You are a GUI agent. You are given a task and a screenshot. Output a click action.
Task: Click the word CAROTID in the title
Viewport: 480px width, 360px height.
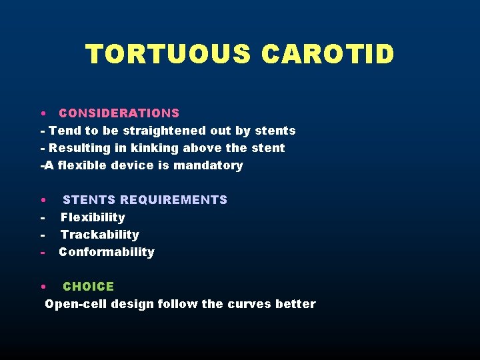click(328, 54)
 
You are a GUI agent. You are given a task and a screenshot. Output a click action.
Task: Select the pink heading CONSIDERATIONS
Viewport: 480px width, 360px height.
click(119, 113)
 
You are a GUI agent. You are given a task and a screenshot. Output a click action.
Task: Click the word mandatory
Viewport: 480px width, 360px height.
click(208, 165)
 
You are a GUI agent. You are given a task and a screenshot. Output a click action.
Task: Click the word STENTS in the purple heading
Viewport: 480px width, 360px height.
click(89, 200)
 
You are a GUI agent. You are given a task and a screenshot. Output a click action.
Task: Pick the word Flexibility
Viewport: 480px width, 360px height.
click(93, 217)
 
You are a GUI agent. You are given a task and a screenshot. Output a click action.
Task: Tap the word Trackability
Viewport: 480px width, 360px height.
click(100, 235)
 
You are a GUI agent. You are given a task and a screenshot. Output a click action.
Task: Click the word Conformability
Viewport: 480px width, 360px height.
click(107, 252)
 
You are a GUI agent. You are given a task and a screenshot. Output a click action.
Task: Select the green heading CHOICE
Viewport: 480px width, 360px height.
click(89, 287)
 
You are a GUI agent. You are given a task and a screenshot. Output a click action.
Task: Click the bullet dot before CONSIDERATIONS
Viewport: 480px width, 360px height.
click(42, 113)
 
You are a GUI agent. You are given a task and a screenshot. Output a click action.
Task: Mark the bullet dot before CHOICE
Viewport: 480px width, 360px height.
click(42, 287)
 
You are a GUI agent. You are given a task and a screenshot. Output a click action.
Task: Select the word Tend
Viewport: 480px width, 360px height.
click(63, 131)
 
